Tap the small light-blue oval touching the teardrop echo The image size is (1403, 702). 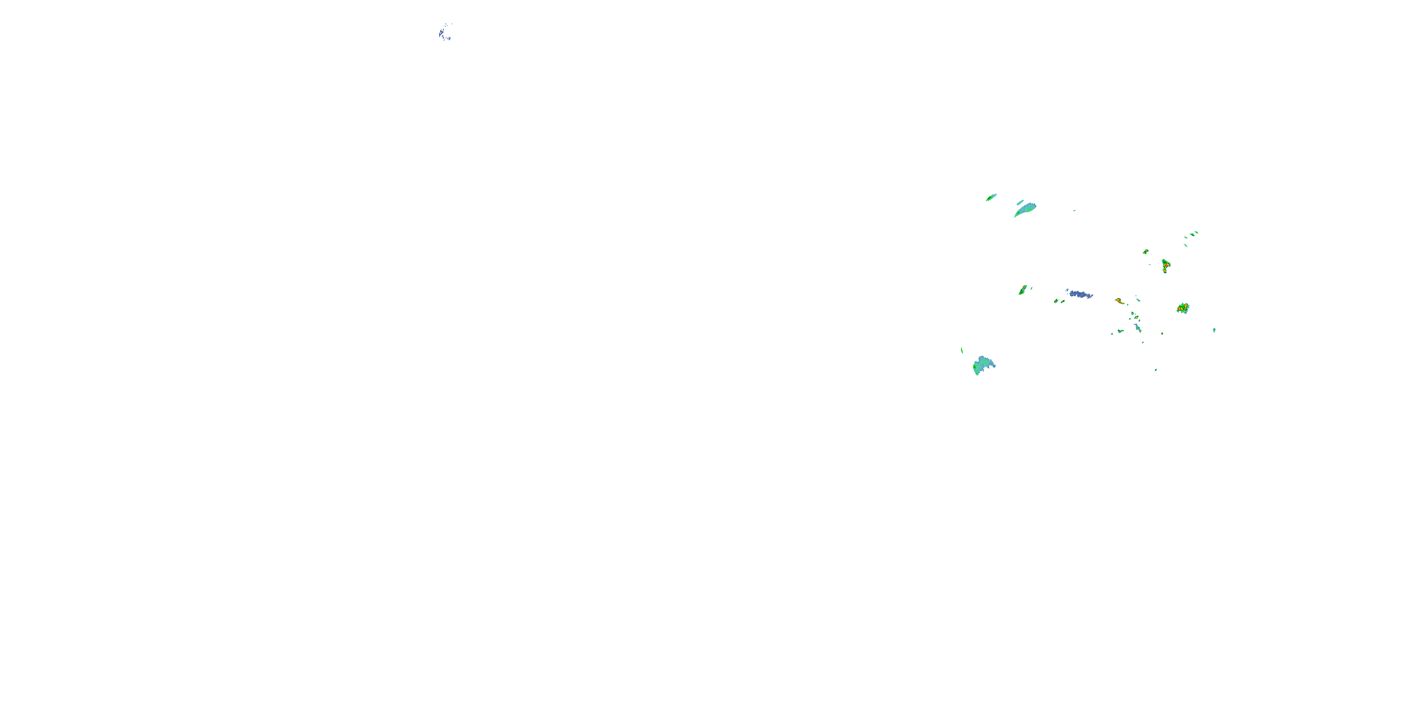pos(1020,202)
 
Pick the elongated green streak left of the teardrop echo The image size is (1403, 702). pos(991,197)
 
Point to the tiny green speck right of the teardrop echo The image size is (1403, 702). pos(1075,211)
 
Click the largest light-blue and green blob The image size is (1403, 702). pos(983,365)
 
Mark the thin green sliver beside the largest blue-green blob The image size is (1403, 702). pos(962,351)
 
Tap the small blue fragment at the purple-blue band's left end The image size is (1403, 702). pos(1068,290)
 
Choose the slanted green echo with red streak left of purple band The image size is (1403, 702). pos(1023,290)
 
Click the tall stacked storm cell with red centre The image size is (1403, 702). pos(1165,265)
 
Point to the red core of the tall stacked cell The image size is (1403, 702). pos(1166,264)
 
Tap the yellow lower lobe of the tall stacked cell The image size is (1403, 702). pos(1165,270)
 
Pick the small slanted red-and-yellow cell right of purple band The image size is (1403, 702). pos(1119,300)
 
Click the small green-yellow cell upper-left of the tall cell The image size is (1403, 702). pos(1145,251)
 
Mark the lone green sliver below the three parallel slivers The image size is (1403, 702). pos(1185,245)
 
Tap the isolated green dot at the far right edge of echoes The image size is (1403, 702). pos(1215,330)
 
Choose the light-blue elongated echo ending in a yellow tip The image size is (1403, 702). pos(1138,327)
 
